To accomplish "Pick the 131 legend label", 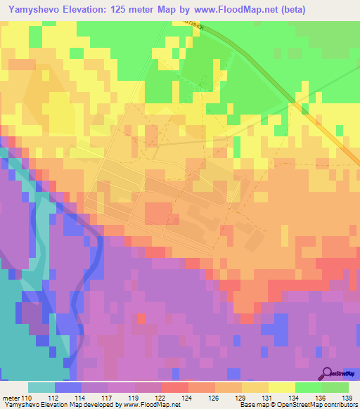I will click(x=261, y=397).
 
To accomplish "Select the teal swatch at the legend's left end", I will click(x=41, y=387).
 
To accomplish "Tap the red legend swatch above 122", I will click(x=175, y=387).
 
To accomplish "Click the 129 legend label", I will click(x=234, y=397).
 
